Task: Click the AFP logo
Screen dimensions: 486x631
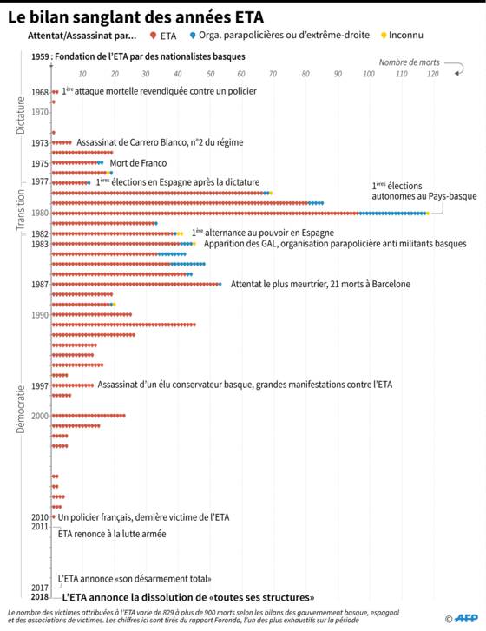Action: click(466, 618)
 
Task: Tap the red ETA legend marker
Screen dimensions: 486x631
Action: click(153, 36)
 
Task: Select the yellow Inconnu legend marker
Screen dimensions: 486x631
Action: click(384, 36)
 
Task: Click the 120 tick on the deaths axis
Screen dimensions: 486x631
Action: click(433, 74)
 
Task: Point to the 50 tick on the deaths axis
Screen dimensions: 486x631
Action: click(210, 74)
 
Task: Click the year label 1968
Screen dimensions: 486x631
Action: click(40, 92)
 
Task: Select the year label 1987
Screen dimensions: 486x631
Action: click(40, 285)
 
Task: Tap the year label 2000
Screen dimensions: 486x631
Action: click(40, 416)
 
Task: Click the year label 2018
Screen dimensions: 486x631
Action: click(40, 597)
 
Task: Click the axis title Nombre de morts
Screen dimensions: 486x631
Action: click(409, 62)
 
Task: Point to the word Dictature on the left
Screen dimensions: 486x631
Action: click(20, 115)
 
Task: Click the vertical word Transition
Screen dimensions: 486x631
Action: click(20, 210)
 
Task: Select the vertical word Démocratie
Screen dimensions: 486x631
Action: click(20, 410)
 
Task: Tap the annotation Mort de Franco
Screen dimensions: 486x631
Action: click(138, 163)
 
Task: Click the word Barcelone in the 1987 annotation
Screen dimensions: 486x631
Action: click(391, 284)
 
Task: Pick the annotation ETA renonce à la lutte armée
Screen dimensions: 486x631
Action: click(112, 534)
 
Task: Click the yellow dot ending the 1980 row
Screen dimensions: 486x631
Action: click(428, 214)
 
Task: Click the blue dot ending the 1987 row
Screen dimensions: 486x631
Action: click(220, 285)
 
